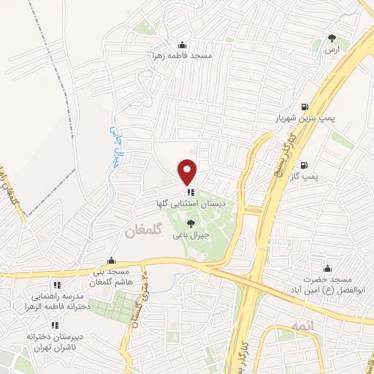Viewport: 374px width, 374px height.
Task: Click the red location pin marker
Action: pyautogui.click(x=188, y=172)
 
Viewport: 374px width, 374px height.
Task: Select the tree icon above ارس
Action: pyautogui.click(x=332, y=37)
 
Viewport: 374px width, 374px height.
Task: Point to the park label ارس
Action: pyautogui.click(x=332, y=49)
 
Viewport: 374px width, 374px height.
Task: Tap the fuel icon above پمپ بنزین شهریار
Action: pyautogui.click(x=303, y=106)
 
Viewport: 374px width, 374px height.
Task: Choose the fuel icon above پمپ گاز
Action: pyautogui.click(x=303, y=165)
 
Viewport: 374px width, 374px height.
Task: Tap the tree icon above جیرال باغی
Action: pyautogui.click(x=191, y=224)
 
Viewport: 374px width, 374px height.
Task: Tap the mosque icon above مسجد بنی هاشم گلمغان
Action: pyautogui.click(x=111, y=260)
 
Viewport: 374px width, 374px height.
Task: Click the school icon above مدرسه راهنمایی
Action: pyautogui.click(x=56, y=286)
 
